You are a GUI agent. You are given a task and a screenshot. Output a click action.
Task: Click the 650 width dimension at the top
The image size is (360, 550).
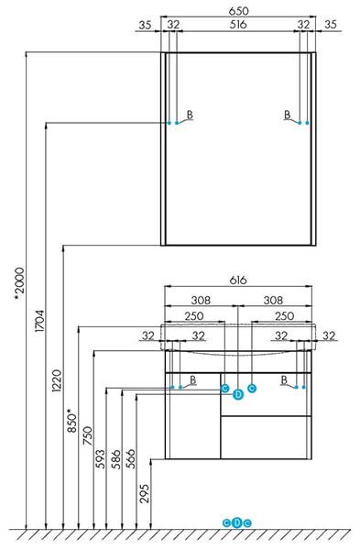[x=238, y=11]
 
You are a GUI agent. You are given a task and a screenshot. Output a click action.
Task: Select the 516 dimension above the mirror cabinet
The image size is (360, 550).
[x=238, y=25]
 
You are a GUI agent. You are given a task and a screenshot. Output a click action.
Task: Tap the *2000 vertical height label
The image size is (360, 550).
[x=19, y=283]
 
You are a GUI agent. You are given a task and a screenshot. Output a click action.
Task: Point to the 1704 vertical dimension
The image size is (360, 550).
[x=39, y=321]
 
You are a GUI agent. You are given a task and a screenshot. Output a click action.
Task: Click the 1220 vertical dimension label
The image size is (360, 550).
[x=57, y=380]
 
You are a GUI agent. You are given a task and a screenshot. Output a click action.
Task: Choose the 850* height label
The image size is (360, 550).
[x=71, y=420]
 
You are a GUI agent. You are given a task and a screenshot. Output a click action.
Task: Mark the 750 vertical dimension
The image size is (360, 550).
[x=88, y=435]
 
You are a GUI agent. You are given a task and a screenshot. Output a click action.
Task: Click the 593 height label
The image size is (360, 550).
[x=101, y=458]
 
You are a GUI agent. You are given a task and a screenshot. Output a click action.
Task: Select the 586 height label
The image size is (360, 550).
[x=115, y=458]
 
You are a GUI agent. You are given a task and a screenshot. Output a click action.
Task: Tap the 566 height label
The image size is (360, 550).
[x=130, y=458]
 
